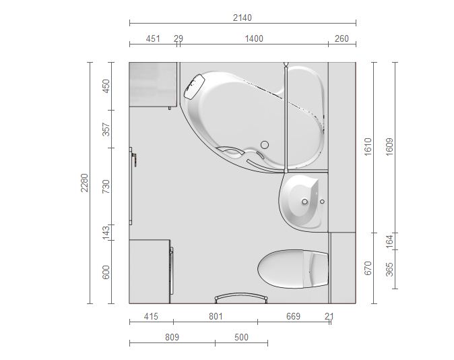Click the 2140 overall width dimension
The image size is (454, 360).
[x=242, y=18]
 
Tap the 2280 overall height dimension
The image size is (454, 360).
[x=84, y=183]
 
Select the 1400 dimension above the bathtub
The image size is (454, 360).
[x=254, y=38]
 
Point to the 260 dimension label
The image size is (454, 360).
[x=342, y=38]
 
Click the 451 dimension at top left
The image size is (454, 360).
[x=153, y=38]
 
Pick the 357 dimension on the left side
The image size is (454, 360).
[x=106, y=129]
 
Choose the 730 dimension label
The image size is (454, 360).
[x=106, y=186]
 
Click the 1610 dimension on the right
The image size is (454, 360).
[x=368, y=147]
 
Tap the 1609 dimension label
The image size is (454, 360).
[x=390, y=147]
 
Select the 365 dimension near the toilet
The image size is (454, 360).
[x=390, y=269]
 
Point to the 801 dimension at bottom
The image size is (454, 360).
[x=216, y=316]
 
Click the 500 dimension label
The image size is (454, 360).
[x=241, y=337]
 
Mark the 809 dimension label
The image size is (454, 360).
[x=172, y=337]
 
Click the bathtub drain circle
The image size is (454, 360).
[x=265, y=145]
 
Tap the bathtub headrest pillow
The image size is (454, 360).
[x=195, y=87]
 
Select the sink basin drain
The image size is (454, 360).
[x=304, y=202]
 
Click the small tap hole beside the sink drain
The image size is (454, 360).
[x=322, y=201]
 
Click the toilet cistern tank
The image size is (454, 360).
[x=317, y=269]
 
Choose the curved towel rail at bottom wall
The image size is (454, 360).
[x=241, y=295]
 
